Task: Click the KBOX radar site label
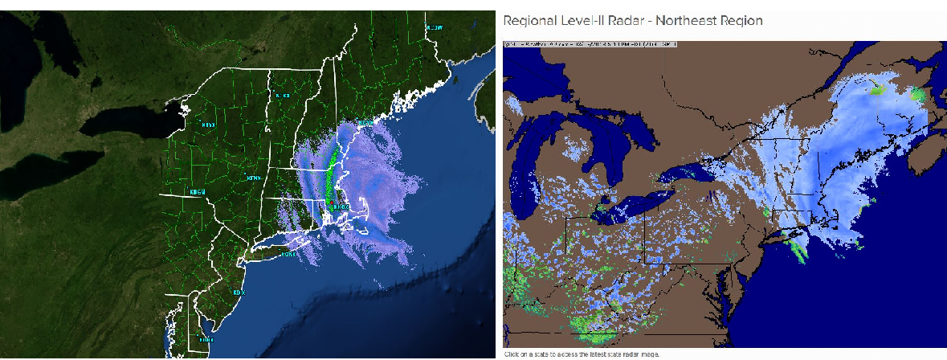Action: [341, 207]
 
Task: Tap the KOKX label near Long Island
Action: [287, 255]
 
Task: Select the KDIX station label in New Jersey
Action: [238, 292]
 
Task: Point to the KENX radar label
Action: [254, 177]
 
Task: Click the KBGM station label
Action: [198, 193]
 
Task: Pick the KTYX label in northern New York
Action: [208, 125]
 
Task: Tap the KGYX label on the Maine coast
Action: [365, 123]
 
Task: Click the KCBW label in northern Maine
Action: [435, 27]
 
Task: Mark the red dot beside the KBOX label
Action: [330, 202]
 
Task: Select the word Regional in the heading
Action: [528, 19]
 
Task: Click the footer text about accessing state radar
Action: [582, 354]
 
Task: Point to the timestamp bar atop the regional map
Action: [590, 43]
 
